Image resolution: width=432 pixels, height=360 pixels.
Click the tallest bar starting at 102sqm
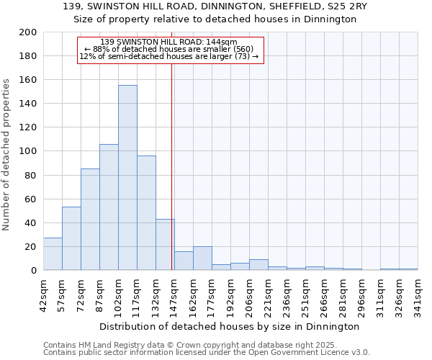(x=127, y=178)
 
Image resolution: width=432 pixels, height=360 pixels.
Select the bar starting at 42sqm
(x=53, y=254)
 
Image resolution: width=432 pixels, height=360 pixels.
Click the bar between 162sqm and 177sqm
(x=202, y=258)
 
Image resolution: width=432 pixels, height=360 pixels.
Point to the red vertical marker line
(x=171, y=166)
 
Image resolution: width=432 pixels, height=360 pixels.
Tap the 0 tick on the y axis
(x=34, y=271)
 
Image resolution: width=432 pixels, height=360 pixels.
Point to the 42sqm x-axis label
(x=43, y=295)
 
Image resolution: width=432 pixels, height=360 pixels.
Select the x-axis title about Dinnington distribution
(x=230, y=326)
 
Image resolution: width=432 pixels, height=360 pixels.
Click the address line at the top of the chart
(x=215, y=6)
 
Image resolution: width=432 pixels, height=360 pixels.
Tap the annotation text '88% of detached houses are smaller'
(x=170, y=49)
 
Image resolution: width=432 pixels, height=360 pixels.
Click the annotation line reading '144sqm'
(x=170, y=42)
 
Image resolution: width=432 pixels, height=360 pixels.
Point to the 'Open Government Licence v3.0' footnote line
(x=206, y=352)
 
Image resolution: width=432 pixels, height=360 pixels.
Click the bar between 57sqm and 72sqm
(x=71, y=238)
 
